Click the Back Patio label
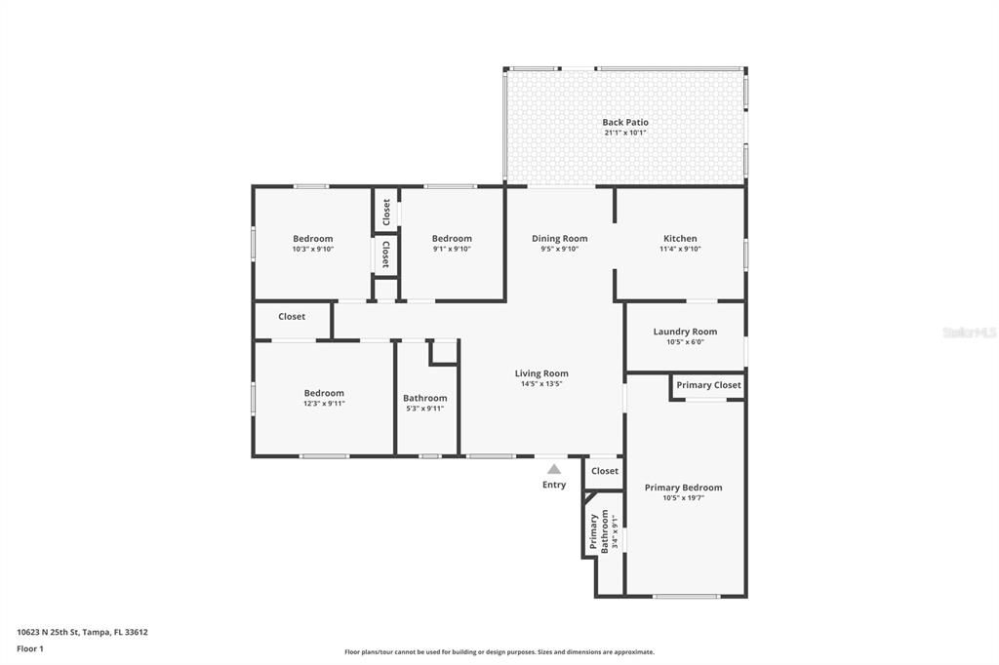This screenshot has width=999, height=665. [624, 123]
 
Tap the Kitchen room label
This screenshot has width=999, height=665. [680, 238]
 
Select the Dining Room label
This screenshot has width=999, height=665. [559, 238]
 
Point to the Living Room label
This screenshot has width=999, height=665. [541, 373]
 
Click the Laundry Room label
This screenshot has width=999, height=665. [685, 332]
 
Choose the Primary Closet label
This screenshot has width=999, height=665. [708, 385]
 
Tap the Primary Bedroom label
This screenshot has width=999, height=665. [683, 488]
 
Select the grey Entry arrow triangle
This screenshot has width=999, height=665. [554, 469]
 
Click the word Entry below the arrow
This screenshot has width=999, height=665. [554, 485]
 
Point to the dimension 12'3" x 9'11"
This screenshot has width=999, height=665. [323, 404]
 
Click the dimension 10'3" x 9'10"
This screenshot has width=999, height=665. [313, 249]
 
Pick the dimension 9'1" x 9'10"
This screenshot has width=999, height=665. [452, 249]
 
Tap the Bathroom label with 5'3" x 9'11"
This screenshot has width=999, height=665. [425, 398]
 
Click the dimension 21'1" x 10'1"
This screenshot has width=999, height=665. [624, 133]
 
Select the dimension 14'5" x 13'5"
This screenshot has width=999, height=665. [541, 384]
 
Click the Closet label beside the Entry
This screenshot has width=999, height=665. [605, 471]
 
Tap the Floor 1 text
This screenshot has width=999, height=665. [31, 647]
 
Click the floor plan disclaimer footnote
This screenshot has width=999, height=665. [499, 652]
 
